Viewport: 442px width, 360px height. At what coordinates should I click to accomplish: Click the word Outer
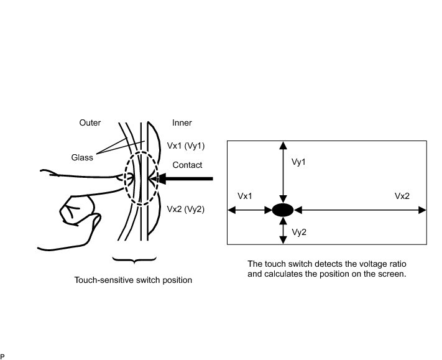pos(90,122)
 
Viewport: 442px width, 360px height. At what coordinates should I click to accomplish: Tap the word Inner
pos(182,122)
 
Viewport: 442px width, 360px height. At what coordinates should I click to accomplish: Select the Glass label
pos(82,157)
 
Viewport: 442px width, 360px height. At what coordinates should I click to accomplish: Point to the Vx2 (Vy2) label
pos(186,209)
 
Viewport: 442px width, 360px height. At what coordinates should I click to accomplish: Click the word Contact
pos(187,165)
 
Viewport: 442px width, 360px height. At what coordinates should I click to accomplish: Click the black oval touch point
pos(283,210)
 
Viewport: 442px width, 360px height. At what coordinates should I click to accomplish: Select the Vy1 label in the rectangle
pos(300,162)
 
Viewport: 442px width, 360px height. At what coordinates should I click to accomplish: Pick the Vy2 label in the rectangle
pos(300,232)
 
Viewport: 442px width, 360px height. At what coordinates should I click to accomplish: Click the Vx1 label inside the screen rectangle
pos(245,196)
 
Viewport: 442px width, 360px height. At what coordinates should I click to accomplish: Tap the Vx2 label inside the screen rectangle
pos(402,196)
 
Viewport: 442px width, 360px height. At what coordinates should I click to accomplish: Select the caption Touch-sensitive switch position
pos(133,280)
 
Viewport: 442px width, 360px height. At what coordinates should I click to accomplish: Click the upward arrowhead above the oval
pos(283,145)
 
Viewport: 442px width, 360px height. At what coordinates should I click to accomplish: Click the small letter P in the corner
pos(2,356)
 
